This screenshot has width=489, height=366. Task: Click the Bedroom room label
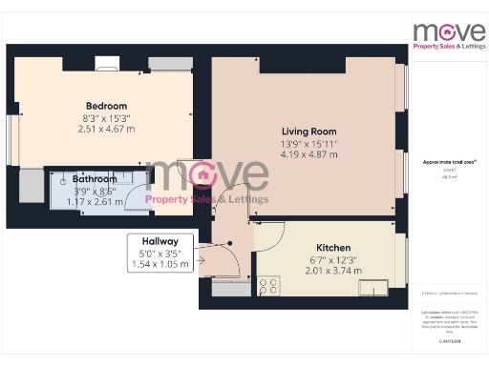106,106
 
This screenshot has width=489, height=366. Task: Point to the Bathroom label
95,178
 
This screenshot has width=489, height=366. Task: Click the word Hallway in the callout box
160,242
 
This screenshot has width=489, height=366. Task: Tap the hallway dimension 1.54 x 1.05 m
160,264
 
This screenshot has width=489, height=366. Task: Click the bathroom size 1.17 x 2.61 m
95,201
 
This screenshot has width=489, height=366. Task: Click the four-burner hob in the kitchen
267,285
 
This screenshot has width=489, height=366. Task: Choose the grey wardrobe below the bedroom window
32,185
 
